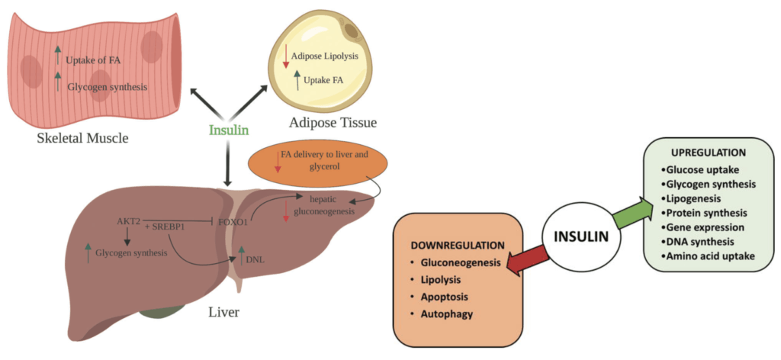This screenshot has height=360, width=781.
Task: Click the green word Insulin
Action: (x=228, y=130)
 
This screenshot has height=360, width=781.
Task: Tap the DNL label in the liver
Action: (x=256, y=259)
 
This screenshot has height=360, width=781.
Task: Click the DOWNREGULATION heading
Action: (x=458, y=246)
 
